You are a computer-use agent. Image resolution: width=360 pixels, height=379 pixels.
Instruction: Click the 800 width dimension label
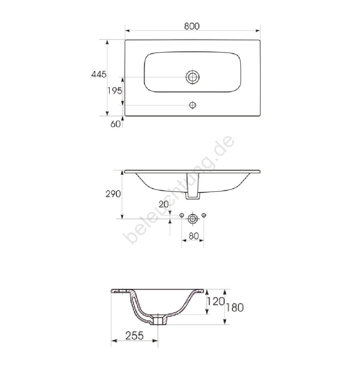tap(191, 26)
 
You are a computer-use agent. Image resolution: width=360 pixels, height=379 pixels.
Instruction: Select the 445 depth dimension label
tap(99, 74)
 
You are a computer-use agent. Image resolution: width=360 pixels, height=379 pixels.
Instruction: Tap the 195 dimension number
tap(114, 91)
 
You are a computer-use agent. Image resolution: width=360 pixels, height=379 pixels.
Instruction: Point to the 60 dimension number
tap(115, 124)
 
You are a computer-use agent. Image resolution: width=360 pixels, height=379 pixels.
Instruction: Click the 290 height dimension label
tap(113, 194)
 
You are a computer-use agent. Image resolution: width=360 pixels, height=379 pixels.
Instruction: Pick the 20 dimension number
tap(163, 204)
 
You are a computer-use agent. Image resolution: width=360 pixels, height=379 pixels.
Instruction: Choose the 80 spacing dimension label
tap(193, 236)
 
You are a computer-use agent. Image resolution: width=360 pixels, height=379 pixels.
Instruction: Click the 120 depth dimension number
tap(216, 301)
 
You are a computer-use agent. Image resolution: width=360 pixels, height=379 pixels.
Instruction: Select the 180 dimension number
tap(234, 308)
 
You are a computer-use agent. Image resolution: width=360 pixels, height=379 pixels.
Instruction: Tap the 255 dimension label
tap(135, 336)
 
